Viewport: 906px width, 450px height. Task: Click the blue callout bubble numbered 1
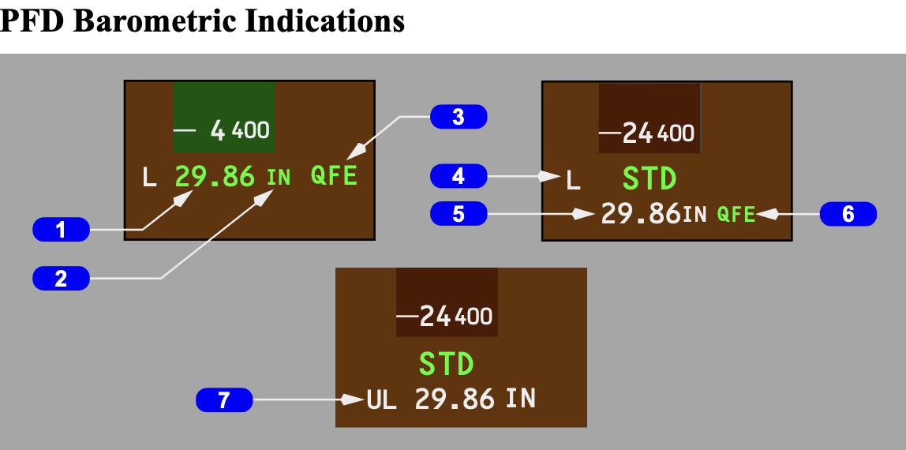61,231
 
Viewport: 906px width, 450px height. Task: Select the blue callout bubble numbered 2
61,278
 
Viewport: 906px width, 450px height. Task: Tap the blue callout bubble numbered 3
459,118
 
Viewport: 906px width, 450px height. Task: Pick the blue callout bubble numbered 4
459,176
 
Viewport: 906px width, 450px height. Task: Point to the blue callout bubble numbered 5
459,214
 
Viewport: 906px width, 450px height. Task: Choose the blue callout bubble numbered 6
848,214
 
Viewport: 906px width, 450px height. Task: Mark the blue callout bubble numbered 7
224,400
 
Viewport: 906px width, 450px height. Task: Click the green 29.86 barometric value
215,176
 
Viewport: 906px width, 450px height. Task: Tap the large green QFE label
334,175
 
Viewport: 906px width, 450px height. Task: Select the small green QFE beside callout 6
736,214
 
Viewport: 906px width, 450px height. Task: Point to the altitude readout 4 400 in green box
240,130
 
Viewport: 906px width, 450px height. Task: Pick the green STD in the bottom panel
446,365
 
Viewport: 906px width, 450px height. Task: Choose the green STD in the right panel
650,178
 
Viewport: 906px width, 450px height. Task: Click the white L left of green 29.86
149,177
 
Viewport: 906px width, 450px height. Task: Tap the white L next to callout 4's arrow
574,182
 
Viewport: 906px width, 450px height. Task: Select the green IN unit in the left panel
279,178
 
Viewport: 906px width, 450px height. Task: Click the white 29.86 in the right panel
641,214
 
